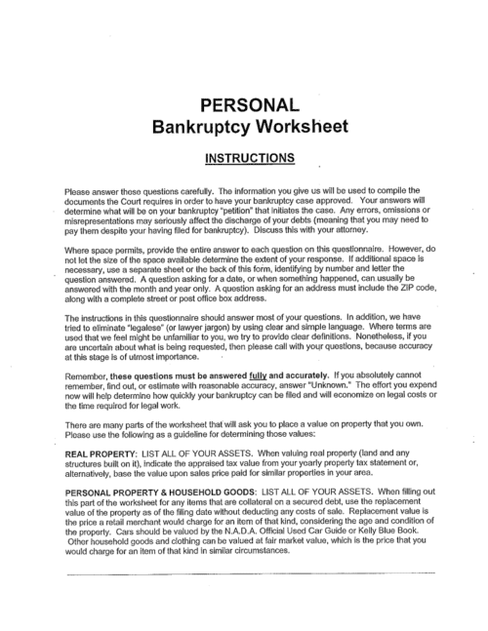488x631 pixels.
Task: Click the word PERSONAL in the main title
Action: pos(244,104)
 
